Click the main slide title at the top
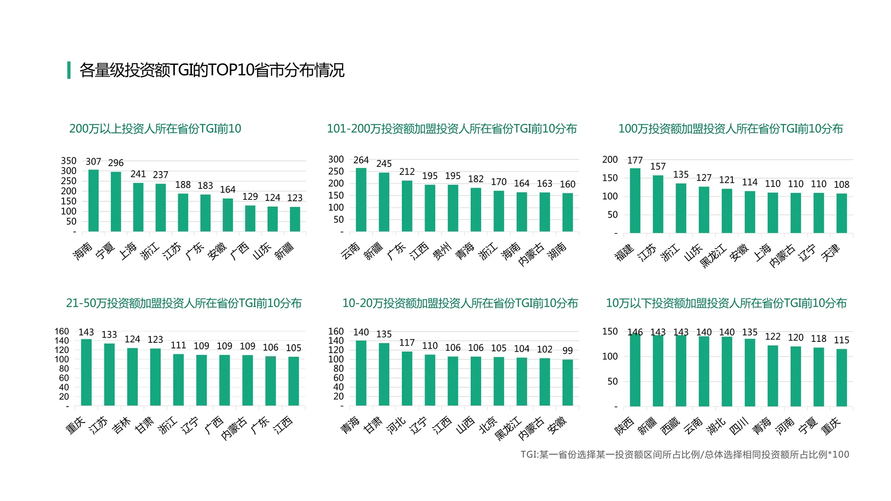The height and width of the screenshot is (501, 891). tap(212, 70)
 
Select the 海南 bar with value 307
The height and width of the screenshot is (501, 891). tap(93, 200)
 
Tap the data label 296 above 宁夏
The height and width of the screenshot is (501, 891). tap(116, 163)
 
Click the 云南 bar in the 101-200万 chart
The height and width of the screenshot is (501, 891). tap(361, 199)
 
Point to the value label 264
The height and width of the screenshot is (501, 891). tap(361, 160)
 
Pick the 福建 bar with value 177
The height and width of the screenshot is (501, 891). tap(635, 200)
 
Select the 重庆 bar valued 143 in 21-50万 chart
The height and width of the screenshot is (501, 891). tap(86, 372)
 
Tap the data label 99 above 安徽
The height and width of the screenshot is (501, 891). tap(567, 351)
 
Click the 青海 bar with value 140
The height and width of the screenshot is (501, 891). tap(361, 373)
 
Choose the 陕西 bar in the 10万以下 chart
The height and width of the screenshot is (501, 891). tap(635, 370)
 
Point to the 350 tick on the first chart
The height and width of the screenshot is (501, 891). tap(69, 161)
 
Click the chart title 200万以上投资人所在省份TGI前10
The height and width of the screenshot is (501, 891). tap(155, 128)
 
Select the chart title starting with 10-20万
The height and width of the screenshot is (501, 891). tap(460, 303)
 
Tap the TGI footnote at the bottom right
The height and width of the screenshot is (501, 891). tap(684, 455)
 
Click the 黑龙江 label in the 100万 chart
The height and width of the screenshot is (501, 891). tap(713, 256)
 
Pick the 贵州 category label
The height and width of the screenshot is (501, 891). tap(442, 251)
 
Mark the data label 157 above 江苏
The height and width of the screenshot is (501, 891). tap(658, 167)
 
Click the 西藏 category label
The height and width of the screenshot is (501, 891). tap(670, 426)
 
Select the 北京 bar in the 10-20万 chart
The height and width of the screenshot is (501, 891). tap(499, 381)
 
